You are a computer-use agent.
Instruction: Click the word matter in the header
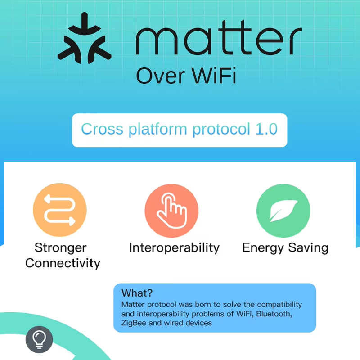(219, 40)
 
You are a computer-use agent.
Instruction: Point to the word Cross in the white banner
(102, 130)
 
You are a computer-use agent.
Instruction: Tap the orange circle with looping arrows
(60, 210)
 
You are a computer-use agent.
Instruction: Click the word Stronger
(60, 247)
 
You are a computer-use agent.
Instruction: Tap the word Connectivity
(63, 263)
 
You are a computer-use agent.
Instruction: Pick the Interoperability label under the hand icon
(174, 247)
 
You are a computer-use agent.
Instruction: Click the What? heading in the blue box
(137, 293)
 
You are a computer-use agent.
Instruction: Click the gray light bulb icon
(39, 339)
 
